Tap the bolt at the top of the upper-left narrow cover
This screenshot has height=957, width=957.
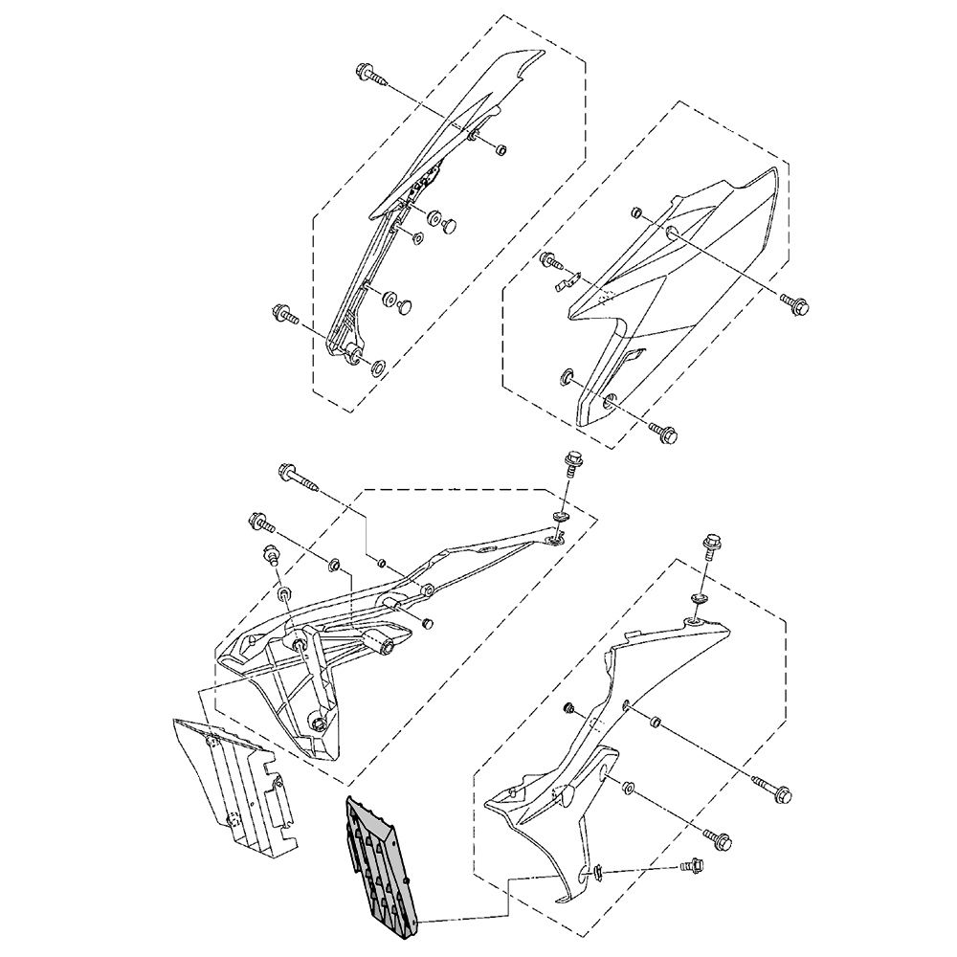(369, 74)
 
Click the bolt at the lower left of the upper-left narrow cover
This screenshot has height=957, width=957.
(284, 313)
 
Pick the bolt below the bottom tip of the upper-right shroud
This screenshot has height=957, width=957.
(665, 434)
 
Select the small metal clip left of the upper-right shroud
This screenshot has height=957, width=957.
(567, 281)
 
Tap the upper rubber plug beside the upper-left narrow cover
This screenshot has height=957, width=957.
(445, 222)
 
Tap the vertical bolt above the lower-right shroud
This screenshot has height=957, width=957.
(713, 545)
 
